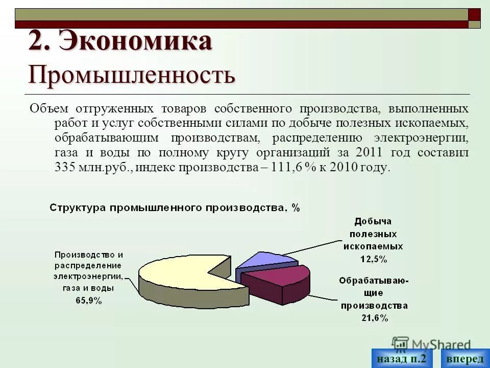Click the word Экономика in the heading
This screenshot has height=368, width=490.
pos(135,41)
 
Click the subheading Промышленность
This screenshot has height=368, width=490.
pos(132,75)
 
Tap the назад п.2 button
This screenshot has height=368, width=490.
pos(401,358)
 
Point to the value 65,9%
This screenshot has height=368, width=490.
pos(89,301)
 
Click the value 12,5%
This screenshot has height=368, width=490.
pos(374,259)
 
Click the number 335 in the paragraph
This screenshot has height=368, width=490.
pos(65,168)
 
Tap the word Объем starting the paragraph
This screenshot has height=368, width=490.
pos(49,109)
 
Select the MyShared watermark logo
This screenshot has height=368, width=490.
pos(431,344)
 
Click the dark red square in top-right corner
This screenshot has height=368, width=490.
pos(474,14)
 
